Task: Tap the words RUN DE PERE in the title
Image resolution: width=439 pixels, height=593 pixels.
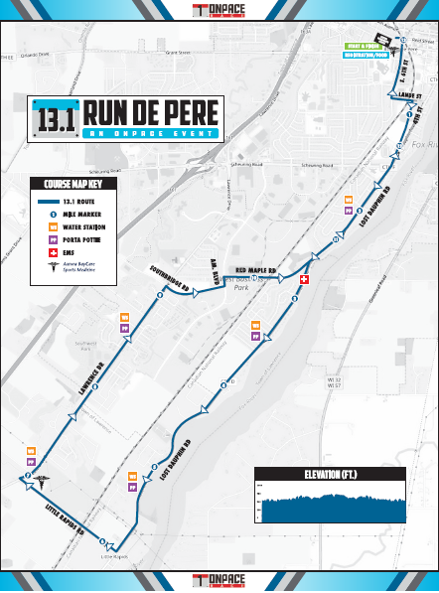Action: [151, 112]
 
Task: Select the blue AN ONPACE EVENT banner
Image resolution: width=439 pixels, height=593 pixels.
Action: [151, 133]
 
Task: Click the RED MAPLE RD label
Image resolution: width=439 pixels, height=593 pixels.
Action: [254, 269]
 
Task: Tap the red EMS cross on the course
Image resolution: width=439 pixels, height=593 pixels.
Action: [305, 280]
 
